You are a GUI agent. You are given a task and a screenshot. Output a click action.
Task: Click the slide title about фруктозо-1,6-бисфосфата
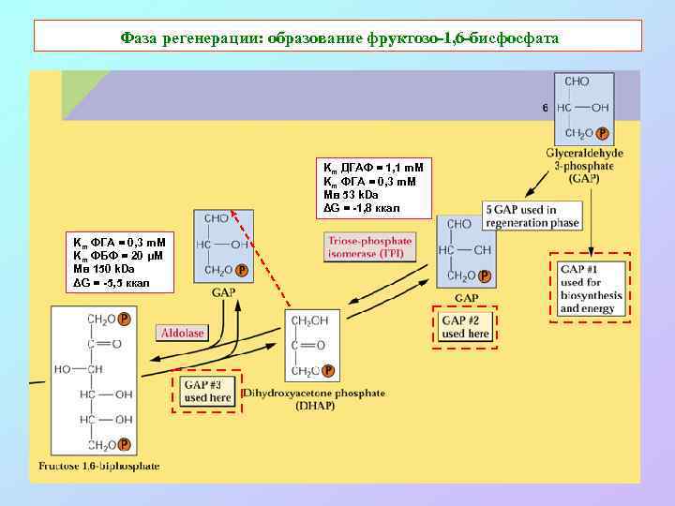point(338,37)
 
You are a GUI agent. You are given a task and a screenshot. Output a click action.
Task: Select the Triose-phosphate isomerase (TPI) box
point(369,247)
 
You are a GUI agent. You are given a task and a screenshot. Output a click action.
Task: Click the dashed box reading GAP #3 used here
point(207,391)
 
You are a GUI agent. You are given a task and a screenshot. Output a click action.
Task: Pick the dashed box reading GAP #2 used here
point(465,327)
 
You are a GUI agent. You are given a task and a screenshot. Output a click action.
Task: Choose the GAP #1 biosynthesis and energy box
point(590,289)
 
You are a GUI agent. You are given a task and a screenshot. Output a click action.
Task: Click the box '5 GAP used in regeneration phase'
point(532,216)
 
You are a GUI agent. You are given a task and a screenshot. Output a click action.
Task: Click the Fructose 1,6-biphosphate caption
point(95,466)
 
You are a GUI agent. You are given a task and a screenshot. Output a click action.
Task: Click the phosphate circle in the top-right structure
point(602,133)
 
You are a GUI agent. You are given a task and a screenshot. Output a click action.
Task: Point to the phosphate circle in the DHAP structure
point(328,371)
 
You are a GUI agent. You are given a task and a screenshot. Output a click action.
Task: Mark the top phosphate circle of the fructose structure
point(124,319)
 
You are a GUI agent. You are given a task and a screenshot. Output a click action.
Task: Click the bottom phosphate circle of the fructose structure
point(124,445)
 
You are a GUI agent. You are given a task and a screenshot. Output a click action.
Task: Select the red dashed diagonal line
point(262,259)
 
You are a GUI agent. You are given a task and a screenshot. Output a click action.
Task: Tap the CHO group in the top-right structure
point(577,82)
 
